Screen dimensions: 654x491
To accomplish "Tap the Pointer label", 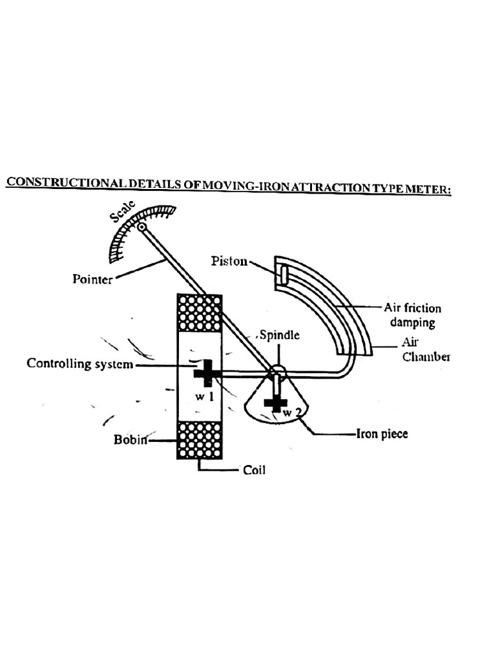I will [x=92, y=280].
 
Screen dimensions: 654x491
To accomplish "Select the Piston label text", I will [x=229, y=261].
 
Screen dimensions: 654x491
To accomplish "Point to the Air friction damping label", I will [x=412, y=315].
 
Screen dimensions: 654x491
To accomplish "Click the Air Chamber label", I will [x=426, y=350].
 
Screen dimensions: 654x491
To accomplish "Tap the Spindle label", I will [x=279, y=335].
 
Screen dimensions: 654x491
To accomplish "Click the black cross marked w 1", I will [x=207, y=372].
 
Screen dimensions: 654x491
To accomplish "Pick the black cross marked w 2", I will [x=276, y=403].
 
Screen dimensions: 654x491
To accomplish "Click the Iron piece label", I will [x=381, y=434].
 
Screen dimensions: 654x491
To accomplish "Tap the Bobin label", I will [x=130, y=439].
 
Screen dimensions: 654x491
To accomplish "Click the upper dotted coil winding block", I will [x=199, y=312].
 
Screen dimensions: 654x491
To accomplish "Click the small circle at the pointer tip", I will [x=141, y=226].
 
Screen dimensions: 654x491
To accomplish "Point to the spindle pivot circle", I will [x=277, y=370].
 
